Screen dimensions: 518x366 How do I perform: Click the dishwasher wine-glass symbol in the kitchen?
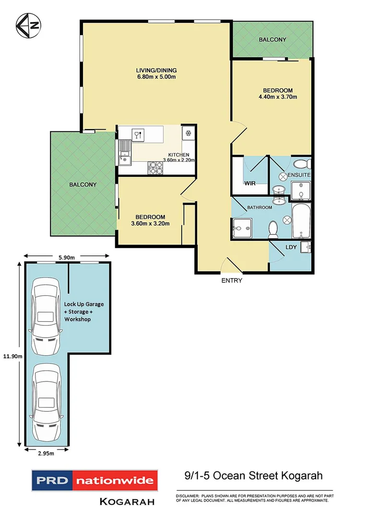click(x=138, y=134)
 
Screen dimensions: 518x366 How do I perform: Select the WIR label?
click(x=249, y=183)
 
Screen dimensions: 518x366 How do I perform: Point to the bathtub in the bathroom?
click(x=301, y=221)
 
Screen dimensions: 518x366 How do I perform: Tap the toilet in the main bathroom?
click(x=273, y=229)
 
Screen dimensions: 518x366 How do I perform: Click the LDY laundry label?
click(x=291, y=247)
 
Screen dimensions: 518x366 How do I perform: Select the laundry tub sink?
click(x=306, y=247)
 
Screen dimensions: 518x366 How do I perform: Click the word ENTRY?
click(x=231, y=281)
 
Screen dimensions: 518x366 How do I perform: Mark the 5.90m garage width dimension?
click(x=66, y=257)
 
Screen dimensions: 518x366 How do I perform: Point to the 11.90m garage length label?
click(x=9, y=356)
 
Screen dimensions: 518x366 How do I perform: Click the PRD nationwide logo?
click(x=94, y=480)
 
